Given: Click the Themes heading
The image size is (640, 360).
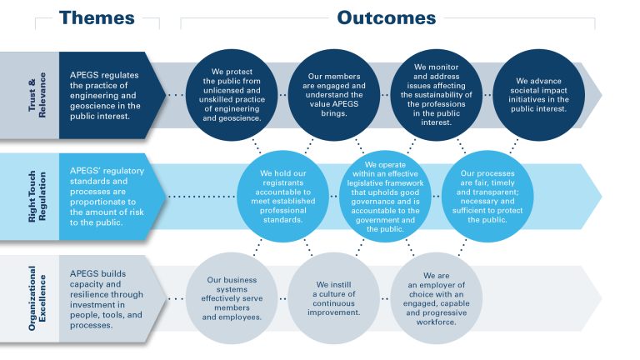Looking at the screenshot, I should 97,17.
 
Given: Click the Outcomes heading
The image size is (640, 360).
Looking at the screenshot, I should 386,17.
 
